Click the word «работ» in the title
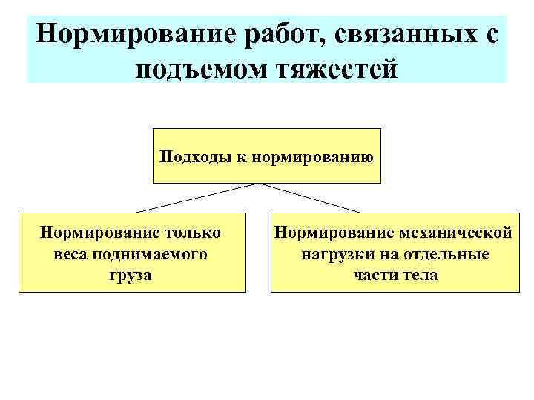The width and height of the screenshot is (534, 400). point(286,33)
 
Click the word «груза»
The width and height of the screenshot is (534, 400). point(131,275)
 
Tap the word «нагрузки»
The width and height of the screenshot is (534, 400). point(331,254)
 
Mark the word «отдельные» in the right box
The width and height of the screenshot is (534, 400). point(446,254)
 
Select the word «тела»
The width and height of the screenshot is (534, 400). point(421,275)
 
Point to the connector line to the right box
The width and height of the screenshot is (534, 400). point(311,198)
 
